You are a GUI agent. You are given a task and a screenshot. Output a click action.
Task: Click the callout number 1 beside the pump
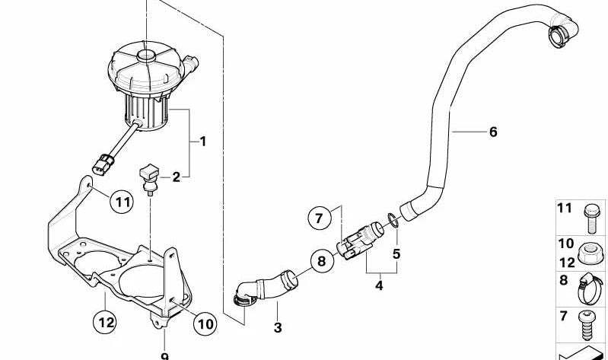point(202,141)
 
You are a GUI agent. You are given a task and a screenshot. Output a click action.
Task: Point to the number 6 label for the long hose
point(493,132)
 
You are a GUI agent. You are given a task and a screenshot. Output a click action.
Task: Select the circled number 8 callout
point(321,262)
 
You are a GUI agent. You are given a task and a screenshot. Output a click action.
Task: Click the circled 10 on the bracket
point(205,323)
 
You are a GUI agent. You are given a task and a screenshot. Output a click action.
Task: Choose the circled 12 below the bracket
point(107,323)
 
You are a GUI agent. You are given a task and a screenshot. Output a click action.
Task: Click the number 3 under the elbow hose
point(277,328)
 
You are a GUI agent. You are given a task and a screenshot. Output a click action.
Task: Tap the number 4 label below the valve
point(379,286)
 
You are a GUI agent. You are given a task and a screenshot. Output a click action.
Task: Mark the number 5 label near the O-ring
point(396,253)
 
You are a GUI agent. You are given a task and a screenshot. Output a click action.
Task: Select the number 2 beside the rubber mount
point(176,177)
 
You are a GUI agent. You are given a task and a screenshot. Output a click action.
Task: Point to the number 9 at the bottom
point(164,355)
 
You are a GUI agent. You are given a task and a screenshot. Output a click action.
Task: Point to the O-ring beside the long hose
point(390,220)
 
